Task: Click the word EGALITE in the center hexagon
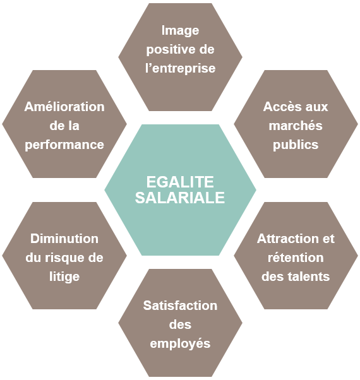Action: (180, 182)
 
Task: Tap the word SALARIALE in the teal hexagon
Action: (180, 198)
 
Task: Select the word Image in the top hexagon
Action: (181, 32)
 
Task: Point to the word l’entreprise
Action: (181, 68)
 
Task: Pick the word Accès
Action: (282, 107)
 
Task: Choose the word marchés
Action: (296, 126)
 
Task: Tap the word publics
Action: (296, 145)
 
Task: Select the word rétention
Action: (296, 258)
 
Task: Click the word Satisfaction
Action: (180, 306)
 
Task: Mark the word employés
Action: (180, 344)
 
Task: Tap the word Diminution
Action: (64, 239)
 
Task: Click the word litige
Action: (64, 276)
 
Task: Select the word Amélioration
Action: (64, 107)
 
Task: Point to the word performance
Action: (64, 145)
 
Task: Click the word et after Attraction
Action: (328, 239)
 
